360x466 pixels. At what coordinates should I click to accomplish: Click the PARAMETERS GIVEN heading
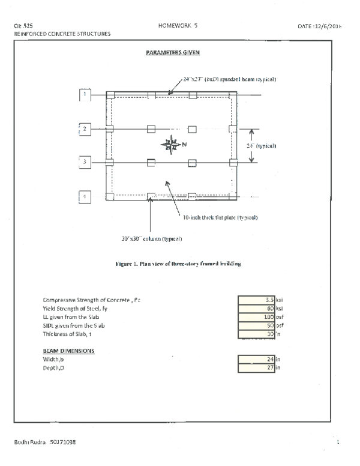pos(173,53)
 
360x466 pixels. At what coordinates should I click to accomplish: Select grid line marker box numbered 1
pos(85,94)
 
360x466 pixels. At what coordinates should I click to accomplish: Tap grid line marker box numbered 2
pos(85,129)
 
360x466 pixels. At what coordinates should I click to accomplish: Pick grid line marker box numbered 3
pos(85,162)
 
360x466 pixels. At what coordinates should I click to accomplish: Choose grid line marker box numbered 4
pos(85,196)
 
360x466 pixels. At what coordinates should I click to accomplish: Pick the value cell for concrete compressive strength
pos(256,299)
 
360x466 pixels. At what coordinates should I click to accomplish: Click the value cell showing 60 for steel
pos(256,307)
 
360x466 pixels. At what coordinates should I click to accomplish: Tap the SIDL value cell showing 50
pos(256,325)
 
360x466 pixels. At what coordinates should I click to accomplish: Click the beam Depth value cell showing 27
pos(256,368)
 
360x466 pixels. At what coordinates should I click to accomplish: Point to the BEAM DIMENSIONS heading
pos(68,350)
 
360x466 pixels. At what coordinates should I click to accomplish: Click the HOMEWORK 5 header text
pos(178,26)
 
